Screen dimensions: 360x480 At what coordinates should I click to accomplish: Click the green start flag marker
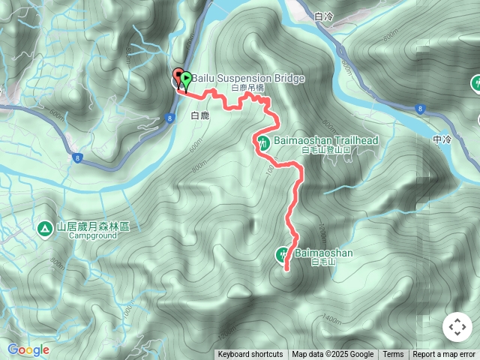(185, 77)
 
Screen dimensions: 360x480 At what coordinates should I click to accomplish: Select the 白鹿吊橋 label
(248, 88)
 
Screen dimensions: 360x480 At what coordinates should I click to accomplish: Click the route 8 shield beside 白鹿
(171, 118)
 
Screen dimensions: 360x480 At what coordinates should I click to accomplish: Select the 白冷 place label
(324, 15)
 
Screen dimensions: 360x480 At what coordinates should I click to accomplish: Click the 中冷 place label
(442, 139)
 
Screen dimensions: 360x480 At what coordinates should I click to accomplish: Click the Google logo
(28, 350)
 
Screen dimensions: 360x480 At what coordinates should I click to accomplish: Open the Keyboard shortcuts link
(250, 355)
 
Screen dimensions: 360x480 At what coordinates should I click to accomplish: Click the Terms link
(393, 355)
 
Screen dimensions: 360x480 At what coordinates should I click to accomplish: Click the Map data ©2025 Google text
(332, 355)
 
